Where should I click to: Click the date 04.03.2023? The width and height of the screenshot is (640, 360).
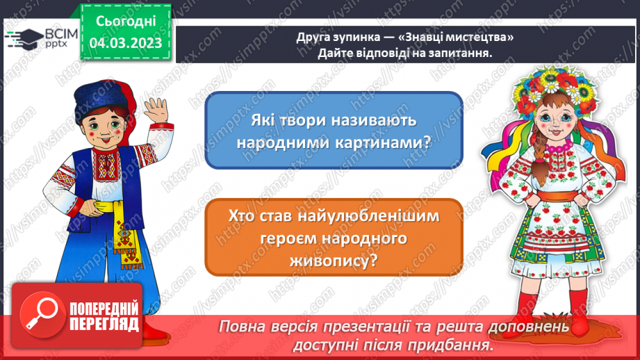(x=126, y=43)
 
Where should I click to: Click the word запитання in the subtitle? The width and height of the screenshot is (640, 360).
(x=458, y=55)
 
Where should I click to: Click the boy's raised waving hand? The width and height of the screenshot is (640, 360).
(x=154, y=111)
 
